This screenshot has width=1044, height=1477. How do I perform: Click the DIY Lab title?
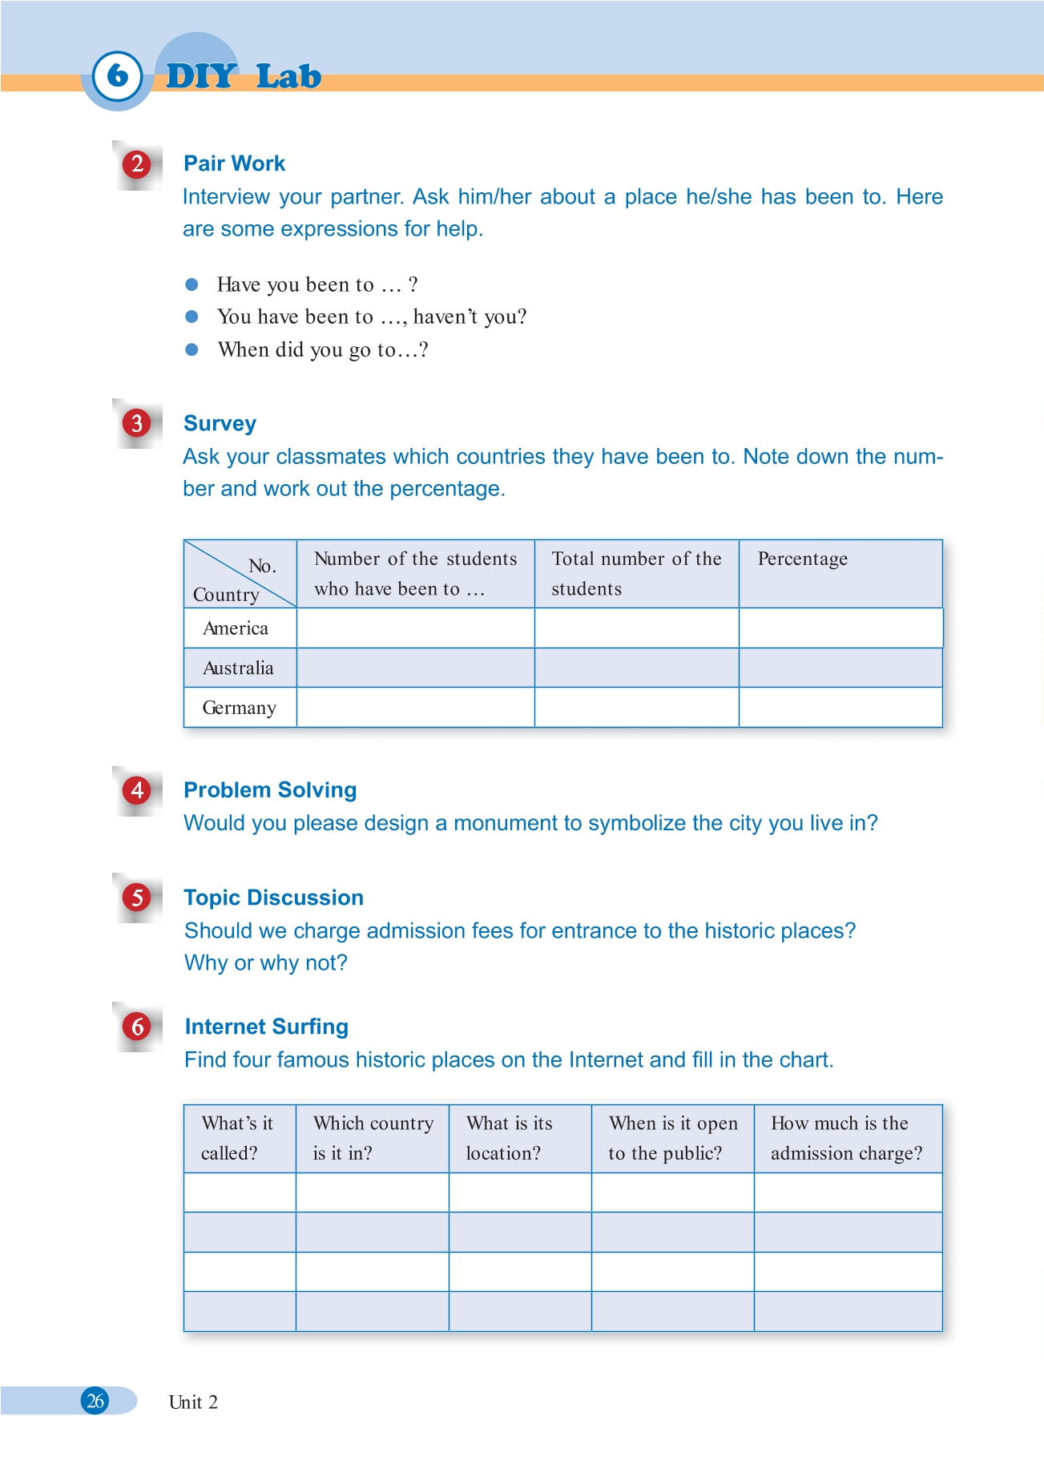pos(244,76)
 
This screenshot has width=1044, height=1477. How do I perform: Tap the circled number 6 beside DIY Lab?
pos(117,75)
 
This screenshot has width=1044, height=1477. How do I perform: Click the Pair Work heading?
pos(234,163)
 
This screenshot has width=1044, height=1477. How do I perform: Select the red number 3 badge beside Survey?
pos(137,423)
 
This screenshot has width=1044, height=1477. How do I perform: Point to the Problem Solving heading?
pos(270,790)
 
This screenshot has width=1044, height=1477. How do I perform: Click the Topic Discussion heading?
pos(273,898)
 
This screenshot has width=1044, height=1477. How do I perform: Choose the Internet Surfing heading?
pos(266,1027)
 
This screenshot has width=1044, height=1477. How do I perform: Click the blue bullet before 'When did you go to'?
pos(191,349)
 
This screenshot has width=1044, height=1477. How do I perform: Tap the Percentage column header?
pos(802,559)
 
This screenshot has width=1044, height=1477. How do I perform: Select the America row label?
pos(236,628)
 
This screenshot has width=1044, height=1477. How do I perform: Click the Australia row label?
pos(238,668)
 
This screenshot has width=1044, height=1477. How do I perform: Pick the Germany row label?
pos(239,708)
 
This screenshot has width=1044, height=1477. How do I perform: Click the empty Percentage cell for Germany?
pos(840,708)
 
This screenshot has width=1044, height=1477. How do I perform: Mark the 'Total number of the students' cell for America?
pos(636,628)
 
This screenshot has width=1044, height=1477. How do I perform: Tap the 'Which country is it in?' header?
pos(373,1138)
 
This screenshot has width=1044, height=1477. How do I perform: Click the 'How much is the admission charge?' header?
pos(846,1138)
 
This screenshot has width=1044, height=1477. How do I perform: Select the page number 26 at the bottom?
pos(95,1401)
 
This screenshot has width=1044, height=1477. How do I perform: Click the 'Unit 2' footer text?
pos(193,1402)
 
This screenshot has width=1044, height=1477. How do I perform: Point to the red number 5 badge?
pos(137,898)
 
